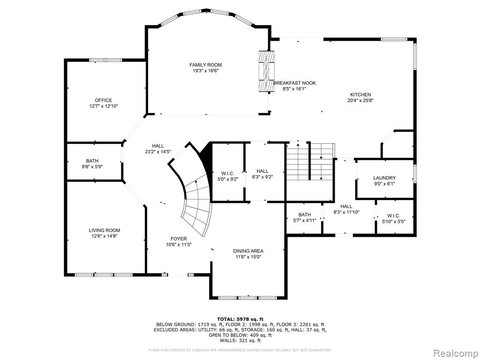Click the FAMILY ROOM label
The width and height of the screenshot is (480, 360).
coord(205,65)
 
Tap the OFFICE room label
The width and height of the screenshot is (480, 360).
coord(104,100)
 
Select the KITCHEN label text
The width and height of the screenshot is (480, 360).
coord(360,95)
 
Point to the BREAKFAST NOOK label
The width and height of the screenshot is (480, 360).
coord(294,83)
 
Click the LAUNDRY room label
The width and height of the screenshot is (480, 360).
coord(384,178)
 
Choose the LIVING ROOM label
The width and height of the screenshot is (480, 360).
coord(105,231)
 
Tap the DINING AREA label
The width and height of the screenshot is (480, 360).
coord(248,251)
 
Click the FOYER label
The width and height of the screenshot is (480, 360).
coord(179,239)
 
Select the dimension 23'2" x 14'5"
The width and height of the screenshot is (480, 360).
coord(158,151)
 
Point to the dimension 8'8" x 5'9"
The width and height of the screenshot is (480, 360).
coord(92,167)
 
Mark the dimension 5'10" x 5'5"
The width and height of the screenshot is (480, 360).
coord(394,222)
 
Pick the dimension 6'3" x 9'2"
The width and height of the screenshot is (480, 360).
coord(262,177)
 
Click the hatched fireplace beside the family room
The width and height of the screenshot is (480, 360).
coord(267,71)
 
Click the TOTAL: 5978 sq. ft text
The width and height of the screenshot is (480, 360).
coord(240,319)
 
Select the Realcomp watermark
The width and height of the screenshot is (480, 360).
coord(456,353)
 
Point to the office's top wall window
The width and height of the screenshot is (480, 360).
coord(105,60)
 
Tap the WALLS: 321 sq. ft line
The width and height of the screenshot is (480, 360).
coord(240,340)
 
